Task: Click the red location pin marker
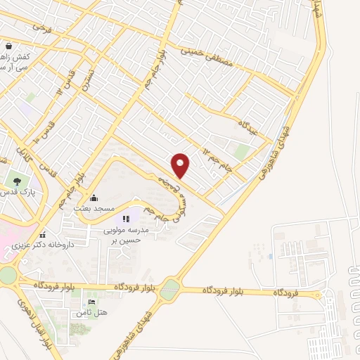tap(181, 165)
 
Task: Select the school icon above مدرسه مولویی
tap(127, 219)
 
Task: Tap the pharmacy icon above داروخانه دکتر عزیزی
tap(43, 235)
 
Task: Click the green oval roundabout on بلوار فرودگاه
tap(170, 290)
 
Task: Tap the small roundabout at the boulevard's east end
tap(319, 293)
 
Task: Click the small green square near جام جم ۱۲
tap(242, 152)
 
